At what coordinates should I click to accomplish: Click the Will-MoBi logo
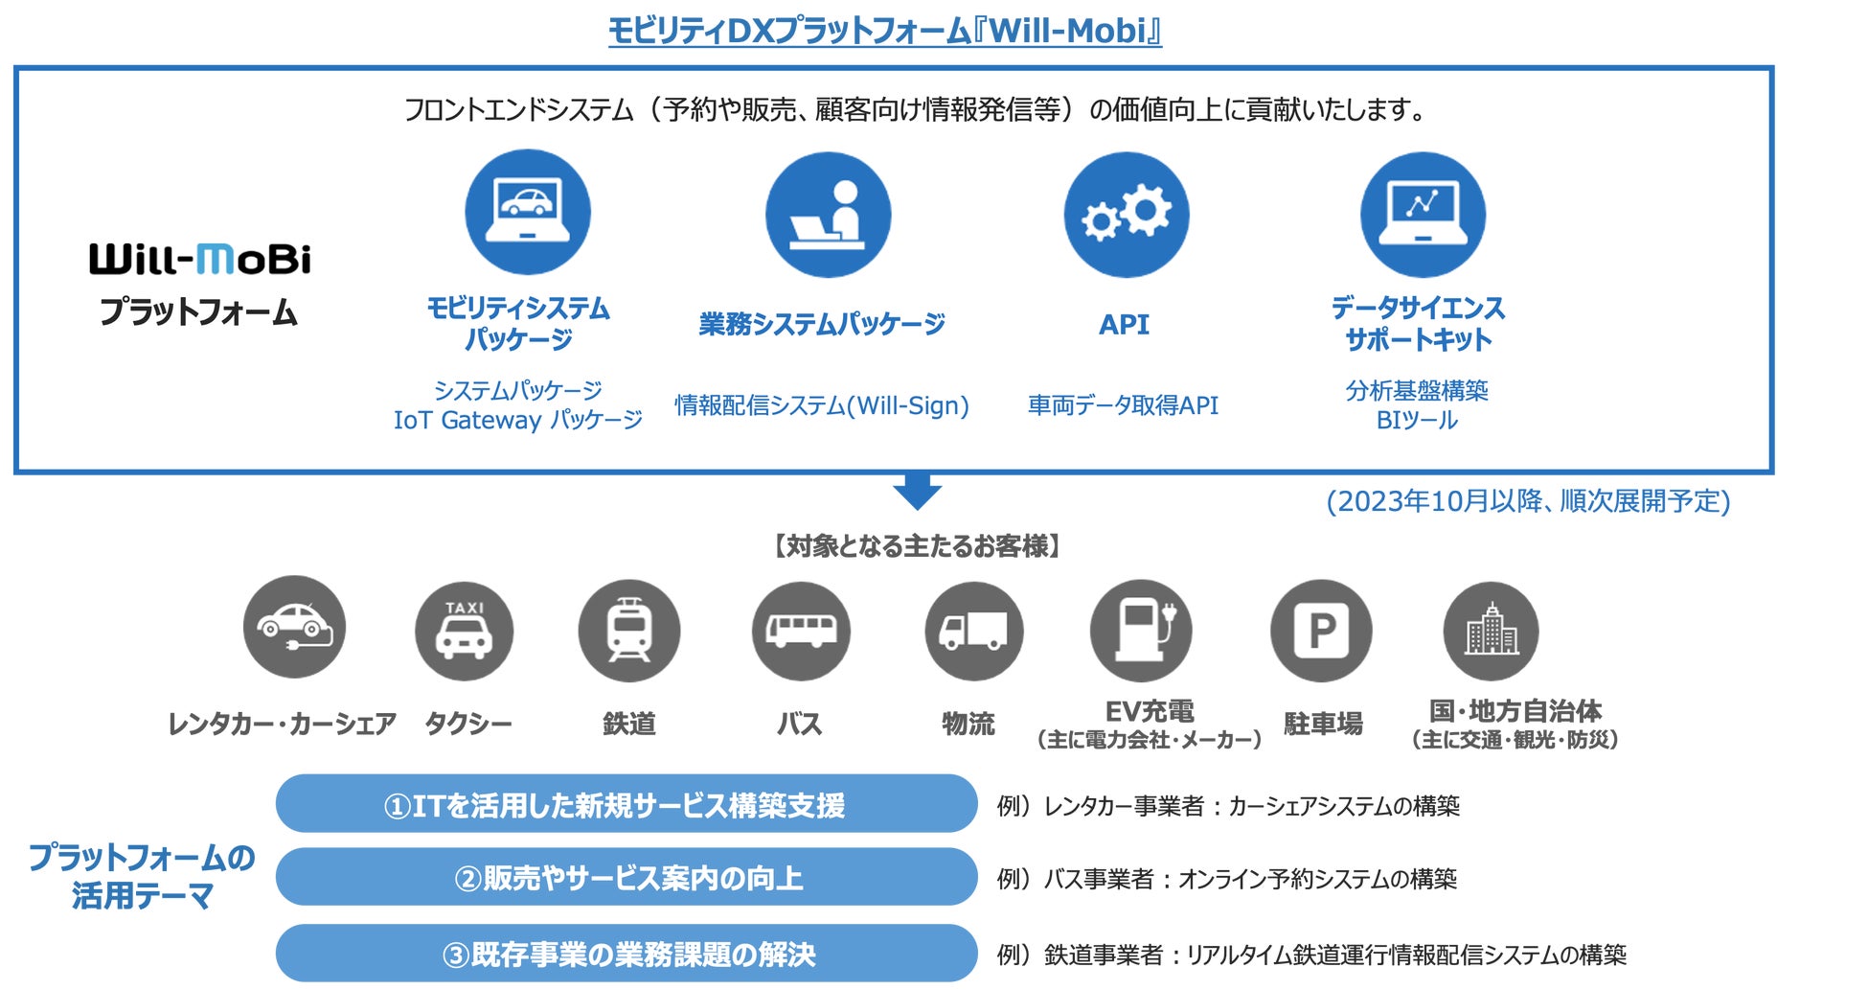pos(200,259)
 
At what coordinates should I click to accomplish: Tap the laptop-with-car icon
pos(528,212)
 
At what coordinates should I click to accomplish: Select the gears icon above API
pos(1126,214)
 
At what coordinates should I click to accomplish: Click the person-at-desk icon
pos(828,215)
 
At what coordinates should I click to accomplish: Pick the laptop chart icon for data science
pos(1423,214)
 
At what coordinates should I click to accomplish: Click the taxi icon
pos(465,630)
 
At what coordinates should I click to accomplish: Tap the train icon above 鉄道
pos(628,630)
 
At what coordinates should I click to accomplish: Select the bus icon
pos(801,630)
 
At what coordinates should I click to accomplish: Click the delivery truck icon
pos(973,630)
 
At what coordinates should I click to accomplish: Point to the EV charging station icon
pos(1141,630)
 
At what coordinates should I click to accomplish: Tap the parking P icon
pos(1321,630)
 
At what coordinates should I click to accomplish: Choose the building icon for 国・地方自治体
pos(1491,630)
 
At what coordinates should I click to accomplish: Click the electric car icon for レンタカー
pos(294,627)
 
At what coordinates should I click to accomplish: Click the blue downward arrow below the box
pos(917,490)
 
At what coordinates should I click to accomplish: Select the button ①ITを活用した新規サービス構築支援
pos(626,804)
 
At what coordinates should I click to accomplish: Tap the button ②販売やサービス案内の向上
pos(626,877)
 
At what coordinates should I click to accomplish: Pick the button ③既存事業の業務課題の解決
pos(626,954)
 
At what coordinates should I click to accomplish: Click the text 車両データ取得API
pos(1123,405)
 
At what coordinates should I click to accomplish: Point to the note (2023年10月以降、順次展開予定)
pos(1528,501)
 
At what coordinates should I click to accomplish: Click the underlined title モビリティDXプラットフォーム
pos(884,31)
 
